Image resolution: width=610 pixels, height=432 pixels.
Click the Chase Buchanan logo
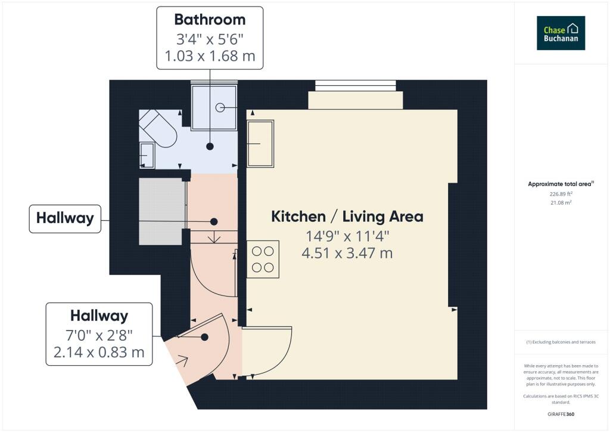561,33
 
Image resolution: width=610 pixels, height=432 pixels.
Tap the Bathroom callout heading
210,20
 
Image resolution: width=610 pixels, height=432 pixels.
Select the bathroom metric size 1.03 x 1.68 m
210,56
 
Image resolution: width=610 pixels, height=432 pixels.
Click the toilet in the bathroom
158,128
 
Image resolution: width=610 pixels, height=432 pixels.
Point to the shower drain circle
220,107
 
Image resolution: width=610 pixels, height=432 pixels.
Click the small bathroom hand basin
147,155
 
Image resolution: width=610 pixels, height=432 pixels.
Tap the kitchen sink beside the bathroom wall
260,144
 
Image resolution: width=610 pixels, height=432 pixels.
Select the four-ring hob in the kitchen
263,259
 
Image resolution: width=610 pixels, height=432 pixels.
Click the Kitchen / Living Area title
347,217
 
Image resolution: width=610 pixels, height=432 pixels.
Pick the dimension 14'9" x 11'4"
347,236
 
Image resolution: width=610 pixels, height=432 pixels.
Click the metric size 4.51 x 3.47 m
347,253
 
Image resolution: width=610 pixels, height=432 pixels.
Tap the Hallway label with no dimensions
65,218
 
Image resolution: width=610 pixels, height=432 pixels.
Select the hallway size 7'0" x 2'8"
99,335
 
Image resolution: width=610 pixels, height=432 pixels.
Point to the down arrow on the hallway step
214,237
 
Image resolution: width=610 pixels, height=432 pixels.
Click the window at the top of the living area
356,85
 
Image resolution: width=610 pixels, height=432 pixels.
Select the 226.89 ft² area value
561,193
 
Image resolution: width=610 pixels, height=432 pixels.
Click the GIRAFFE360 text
561,414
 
